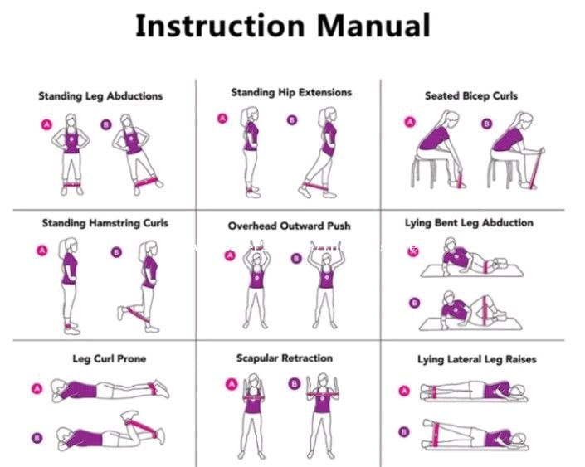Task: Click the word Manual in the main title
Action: [374, 26]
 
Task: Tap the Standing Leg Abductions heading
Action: [100, 96]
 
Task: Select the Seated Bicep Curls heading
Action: [471, 96]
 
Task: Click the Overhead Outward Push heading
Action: [289, 226]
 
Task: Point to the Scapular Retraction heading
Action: [285, 358]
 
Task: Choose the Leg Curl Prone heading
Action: [110, 359]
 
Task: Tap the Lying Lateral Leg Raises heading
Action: [477, 359]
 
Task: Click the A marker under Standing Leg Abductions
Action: [46, 124]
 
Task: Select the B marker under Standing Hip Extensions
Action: [292, 120]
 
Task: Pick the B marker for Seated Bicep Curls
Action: [486, 124]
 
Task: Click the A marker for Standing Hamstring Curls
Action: [42, 251]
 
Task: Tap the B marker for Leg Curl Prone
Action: [37, 437]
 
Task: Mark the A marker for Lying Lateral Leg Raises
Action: [404, 391]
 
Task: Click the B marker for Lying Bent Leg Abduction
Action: [415, 303]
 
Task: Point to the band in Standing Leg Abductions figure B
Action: [145, 182]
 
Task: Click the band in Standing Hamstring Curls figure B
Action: [138, 315]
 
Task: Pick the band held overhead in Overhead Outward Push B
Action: [326, 247]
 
